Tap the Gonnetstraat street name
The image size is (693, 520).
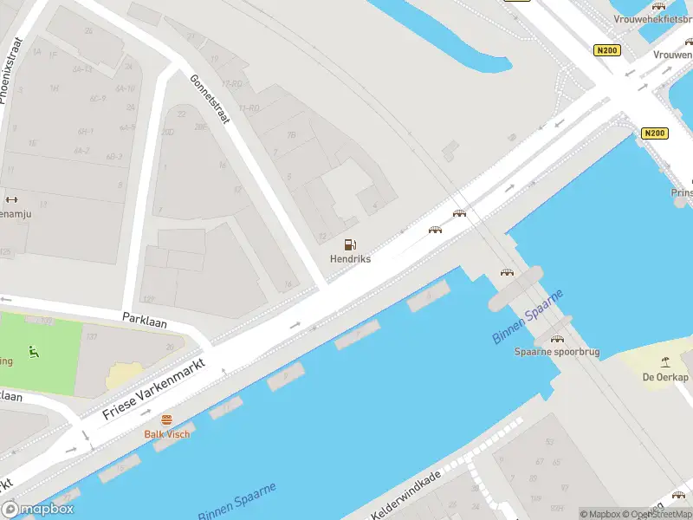coord(210,98)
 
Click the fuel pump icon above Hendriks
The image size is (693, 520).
coord(350,245)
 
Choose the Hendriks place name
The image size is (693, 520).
coord(350,259)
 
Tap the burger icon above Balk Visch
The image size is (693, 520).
coord(166,419)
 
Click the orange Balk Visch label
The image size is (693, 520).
coord(166,433)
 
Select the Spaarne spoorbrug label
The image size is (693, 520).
coord(557,352)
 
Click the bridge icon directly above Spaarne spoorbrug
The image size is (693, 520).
coord(557,339)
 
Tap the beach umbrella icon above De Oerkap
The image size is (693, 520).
coord(664,362)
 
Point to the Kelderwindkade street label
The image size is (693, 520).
coord(406,495)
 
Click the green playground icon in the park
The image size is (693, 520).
coord(34,351)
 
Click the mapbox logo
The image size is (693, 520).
coord(38,510)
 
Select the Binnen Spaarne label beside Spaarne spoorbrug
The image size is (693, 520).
coord(528,317)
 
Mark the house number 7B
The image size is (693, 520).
coord(292,135)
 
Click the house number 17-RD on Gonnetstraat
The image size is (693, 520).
coord(231,84)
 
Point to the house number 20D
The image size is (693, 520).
coord(168,133)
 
